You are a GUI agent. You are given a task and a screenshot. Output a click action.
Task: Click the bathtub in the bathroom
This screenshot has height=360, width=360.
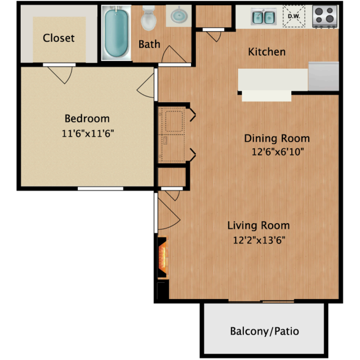coord(116,33)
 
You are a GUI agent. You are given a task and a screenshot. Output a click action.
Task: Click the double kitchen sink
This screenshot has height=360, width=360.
coord(263,17)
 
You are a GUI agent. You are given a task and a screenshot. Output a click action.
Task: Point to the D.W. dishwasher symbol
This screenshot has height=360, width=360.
coord(294,16)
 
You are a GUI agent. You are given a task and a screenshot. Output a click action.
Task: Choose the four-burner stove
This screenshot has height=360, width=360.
coord(325,16)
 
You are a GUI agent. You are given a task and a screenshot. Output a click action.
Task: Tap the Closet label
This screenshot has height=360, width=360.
coord(59,38)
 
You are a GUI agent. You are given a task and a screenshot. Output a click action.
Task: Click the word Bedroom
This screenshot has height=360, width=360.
coord(87,118)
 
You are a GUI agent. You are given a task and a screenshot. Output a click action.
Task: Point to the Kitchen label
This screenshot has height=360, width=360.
coord(267,52)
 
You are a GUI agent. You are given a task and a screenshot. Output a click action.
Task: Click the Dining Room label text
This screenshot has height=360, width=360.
coord(277,138)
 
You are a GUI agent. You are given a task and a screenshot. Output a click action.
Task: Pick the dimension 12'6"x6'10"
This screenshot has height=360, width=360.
coord(277,152)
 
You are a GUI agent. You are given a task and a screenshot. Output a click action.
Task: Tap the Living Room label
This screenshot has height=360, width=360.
coord(259,225)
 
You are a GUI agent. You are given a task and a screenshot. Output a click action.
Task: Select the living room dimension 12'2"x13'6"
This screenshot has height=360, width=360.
coord(259,241)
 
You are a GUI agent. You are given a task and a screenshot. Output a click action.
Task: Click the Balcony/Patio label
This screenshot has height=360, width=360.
coord(264,331)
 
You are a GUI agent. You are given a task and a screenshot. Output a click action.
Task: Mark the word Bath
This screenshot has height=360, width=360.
coord(149,44)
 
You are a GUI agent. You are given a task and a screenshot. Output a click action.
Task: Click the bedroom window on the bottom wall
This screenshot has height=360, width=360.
coord(100,188)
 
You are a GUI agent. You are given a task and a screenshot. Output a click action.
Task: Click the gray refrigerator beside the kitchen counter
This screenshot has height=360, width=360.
coord(324,76)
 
